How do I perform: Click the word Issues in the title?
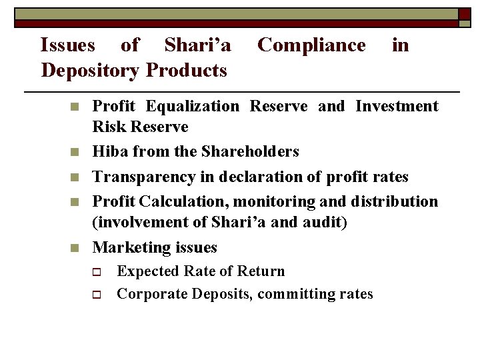pyautogui.click(x=67, y=45)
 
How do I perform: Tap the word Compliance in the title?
pyautogui.click(x=311, y=45)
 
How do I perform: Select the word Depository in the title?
pyautogui.click(x=90, y=69)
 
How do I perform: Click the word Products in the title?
pyautogui.click(x=186, y=69)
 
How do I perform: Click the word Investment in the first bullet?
pyautogui.click(x=397, y=107)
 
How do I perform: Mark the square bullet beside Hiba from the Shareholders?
pyautogui.click(x=76, y=153)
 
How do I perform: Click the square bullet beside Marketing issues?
pyautogui.click(x=76, y=248)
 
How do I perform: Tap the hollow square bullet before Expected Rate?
pyautogui.click(x=96, y=272)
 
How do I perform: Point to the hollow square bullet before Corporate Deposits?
pyautogui.click(x=96, y=294)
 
